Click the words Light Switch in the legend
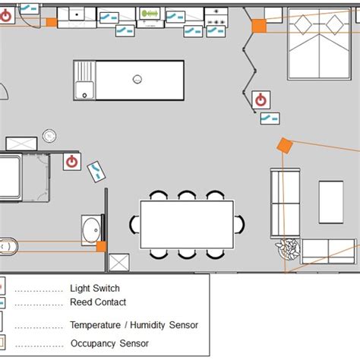[95, 289]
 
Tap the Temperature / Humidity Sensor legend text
[134, 325]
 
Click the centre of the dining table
[186, 225]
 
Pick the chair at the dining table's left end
[134, 225]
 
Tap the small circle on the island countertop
[137, 78]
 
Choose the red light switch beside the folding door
[260, 99]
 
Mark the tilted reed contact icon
[97, 172]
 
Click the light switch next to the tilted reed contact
[72, 161]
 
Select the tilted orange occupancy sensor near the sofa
[284, 145]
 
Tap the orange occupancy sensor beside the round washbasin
[100, 246]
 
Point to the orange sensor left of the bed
[258, 26]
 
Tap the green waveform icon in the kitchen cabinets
[153, 14]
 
